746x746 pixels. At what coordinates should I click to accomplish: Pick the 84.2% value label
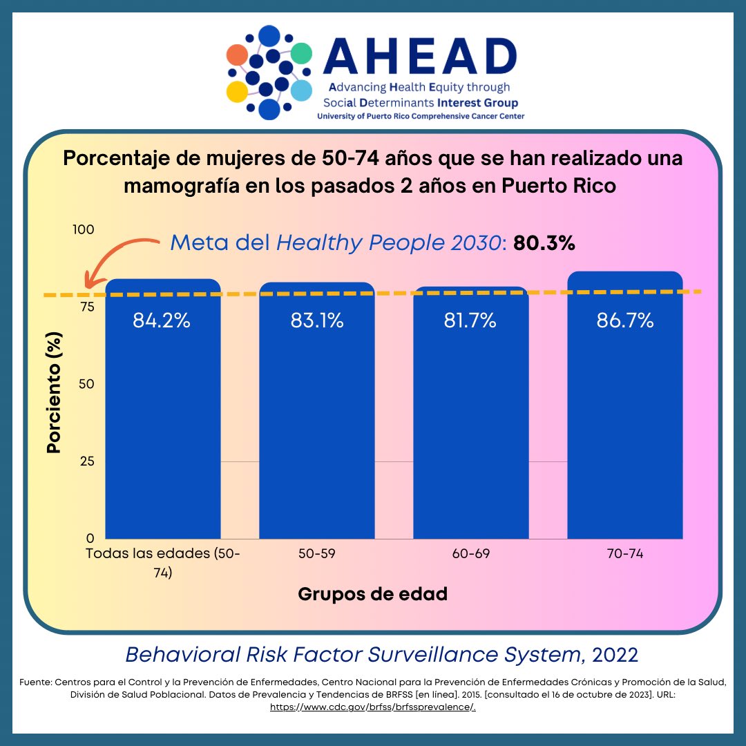(162, 321)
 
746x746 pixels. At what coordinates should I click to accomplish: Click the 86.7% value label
(625, 321)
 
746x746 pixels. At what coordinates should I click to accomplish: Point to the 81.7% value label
(470, 321)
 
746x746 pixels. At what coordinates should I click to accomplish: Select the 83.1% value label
(317, 321)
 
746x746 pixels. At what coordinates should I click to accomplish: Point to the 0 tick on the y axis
(90, 537)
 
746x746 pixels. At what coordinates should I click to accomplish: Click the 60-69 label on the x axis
(471, 554)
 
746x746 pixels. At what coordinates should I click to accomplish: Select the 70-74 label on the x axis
(625, 554)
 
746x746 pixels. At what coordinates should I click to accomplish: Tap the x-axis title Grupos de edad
(372, 594)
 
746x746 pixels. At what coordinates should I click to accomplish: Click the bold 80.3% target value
(544, 243)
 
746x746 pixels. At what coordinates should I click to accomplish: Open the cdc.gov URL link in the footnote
(372, 707)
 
